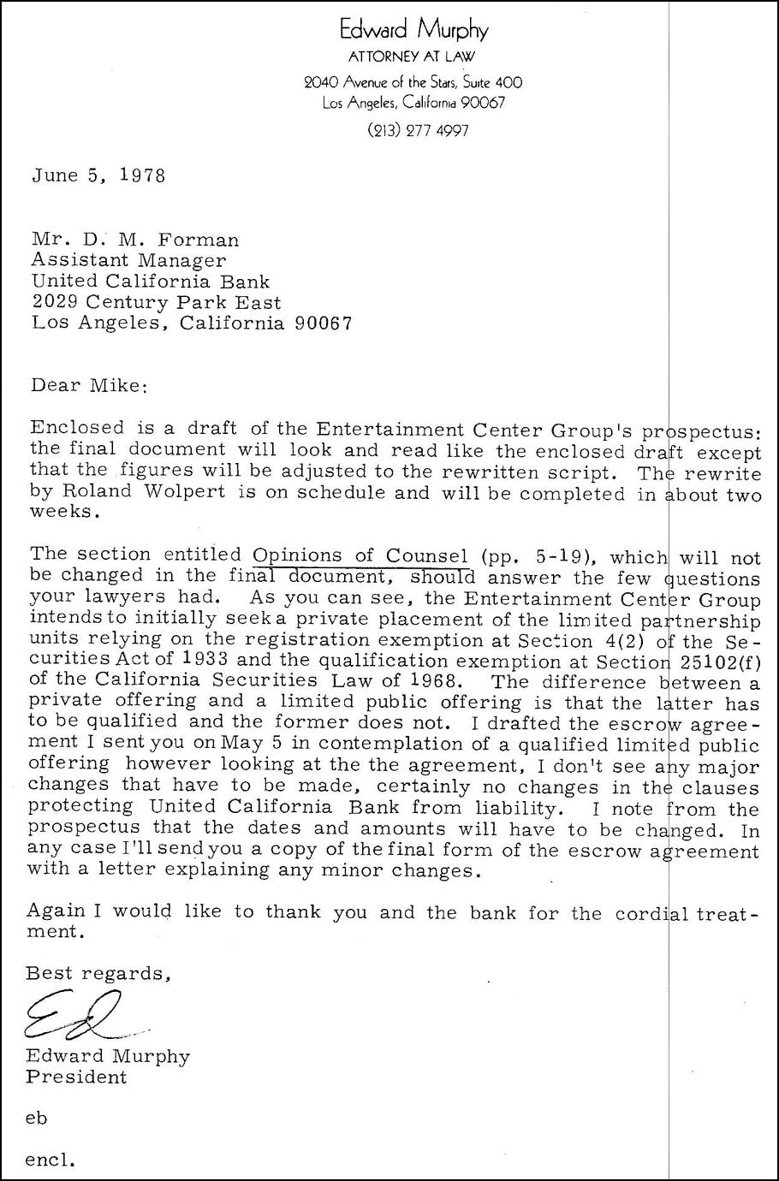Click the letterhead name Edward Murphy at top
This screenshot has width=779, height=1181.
[413, 31]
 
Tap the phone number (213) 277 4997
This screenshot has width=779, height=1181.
[418, 131]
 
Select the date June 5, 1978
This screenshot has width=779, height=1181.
[98, 175]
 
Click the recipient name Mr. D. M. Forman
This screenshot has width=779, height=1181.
[135, 240]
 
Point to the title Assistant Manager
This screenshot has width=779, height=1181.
[128, 260]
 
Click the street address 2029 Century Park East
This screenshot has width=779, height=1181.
[156, 302]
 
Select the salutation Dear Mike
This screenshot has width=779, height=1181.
[89, 385]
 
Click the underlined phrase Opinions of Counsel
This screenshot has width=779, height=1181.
[360, 555]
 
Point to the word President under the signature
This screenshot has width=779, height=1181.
[76, 1077]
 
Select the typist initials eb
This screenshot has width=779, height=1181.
[37, 1118]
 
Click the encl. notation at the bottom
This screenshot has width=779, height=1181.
[51, 1160]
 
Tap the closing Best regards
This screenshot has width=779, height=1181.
[98, 973]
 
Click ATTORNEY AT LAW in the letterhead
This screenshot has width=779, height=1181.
[413, 57]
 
